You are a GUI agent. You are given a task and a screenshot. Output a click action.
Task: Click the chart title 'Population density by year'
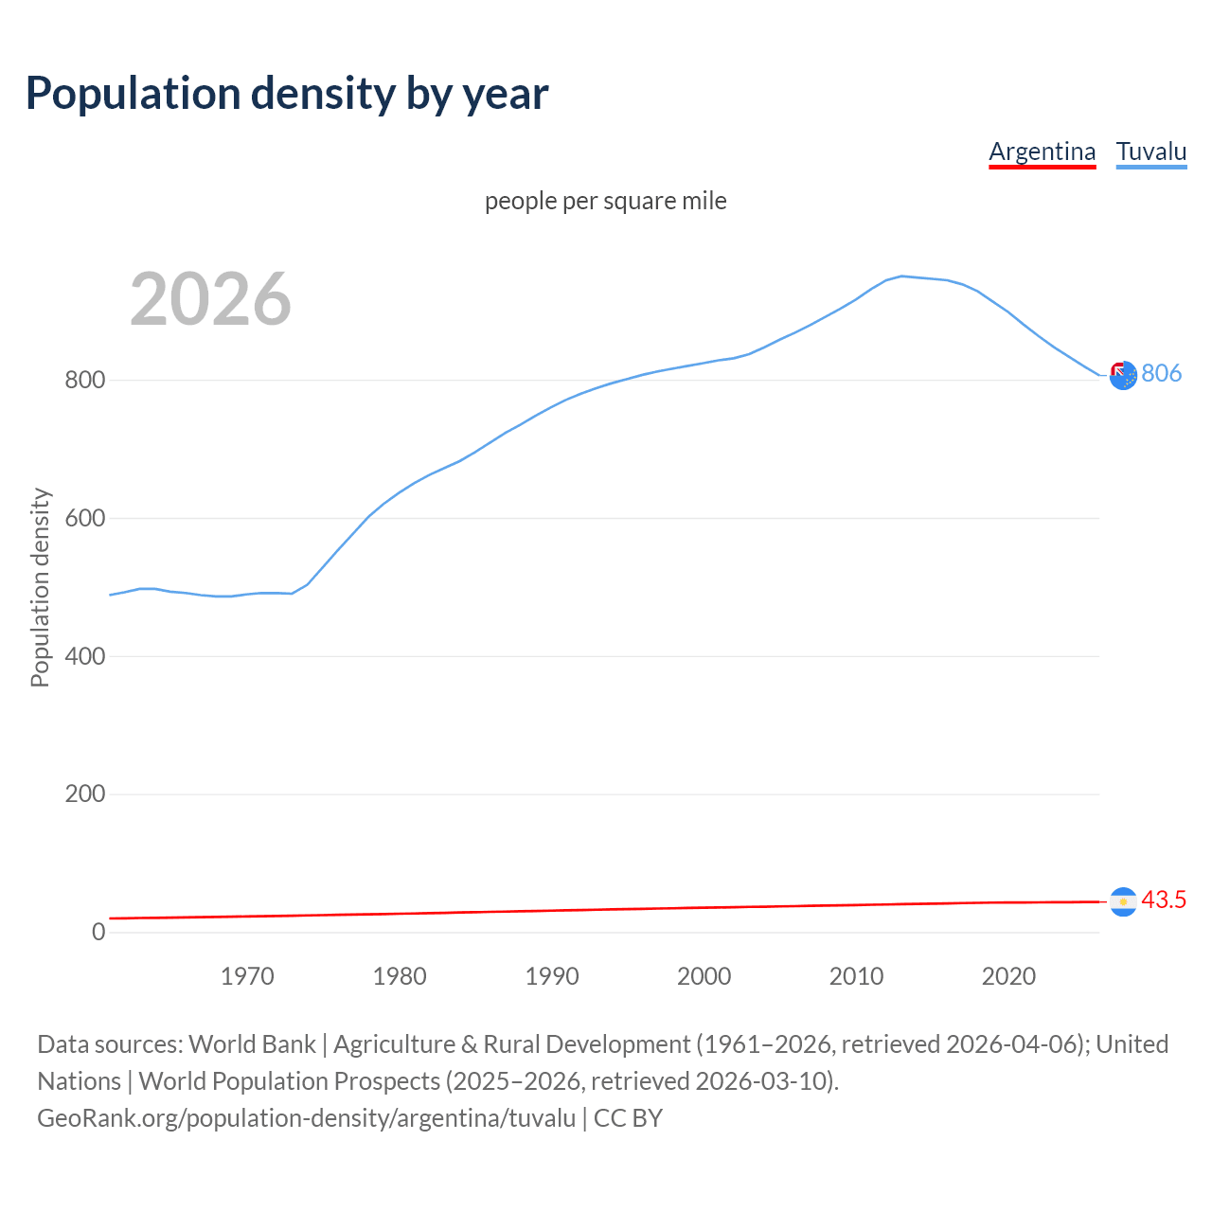pos(287,94)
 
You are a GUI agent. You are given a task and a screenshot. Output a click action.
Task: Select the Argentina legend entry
pos(1042,151)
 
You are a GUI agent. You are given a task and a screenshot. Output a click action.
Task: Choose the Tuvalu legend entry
pos(1150,151)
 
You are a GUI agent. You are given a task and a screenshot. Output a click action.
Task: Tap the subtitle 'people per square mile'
pos(606,201)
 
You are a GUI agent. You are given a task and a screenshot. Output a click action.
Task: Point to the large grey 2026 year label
pos(210,299)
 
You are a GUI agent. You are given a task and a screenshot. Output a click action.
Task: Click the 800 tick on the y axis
pos(84,381)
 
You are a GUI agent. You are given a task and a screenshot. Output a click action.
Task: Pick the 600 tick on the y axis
pos(84,519)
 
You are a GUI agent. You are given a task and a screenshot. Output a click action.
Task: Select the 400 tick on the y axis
pos(84,656)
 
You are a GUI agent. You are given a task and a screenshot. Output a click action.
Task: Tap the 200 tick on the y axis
pos(84,794)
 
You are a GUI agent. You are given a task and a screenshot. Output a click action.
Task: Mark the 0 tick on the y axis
pos(98,932)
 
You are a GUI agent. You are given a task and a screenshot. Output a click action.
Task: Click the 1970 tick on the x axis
pos(247,976)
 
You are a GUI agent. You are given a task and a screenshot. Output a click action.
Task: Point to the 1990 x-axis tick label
pos(552,976)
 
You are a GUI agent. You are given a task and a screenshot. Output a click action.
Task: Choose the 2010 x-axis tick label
pos(856,976)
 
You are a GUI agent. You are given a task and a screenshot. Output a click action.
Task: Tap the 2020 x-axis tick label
pos(1008,976)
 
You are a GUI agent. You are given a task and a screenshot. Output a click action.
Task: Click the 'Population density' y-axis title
pos(40,587)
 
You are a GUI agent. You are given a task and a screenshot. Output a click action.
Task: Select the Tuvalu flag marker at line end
pos(1123,376)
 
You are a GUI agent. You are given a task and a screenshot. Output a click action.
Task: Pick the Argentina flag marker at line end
pos(1123,902)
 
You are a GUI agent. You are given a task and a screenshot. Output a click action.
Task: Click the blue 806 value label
pos(1161,373)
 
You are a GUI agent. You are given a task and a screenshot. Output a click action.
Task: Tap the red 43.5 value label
pos(1164,900)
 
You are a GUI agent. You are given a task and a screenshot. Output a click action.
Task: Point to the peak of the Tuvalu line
pos(901,276)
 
